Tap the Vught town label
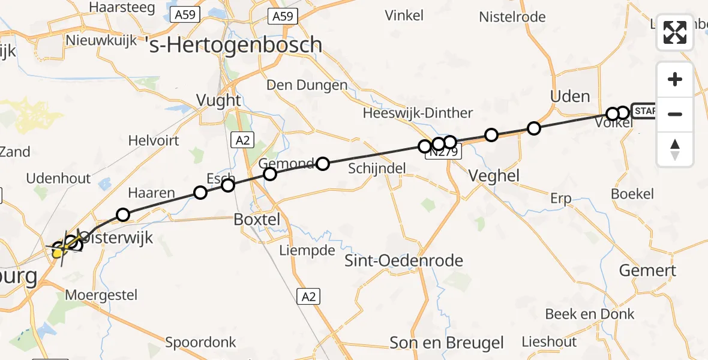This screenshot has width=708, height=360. [x=219, y=100]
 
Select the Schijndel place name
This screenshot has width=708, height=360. [x=377, y=169]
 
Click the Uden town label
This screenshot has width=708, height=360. [x=570, y=96]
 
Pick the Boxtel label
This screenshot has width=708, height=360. [x=257, y=220]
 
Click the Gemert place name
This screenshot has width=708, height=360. [x=647, y=270]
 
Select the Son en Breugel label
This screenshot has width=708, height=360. [x=447, y=343]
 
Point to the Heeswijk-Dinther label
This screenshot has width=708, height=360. [x=418, y=113]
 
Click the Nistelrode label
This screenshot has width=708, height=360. [x=512, y=17]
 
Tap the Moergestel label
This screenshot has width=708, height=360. [x=101, y=295]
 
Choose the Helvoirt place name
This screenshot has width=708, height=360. [x=154, y=140]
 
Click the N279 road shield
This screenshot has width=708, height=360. [x=443, y=153]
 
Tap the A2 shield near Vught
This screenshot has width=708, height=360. [x=241, y=140]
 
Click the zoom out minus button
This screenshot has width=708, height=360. [x=675, y=114]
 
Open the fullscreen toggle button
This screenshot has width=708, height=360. [x=675, y=32]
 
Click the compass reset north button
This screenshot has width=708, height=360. [x=675, y=149]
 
